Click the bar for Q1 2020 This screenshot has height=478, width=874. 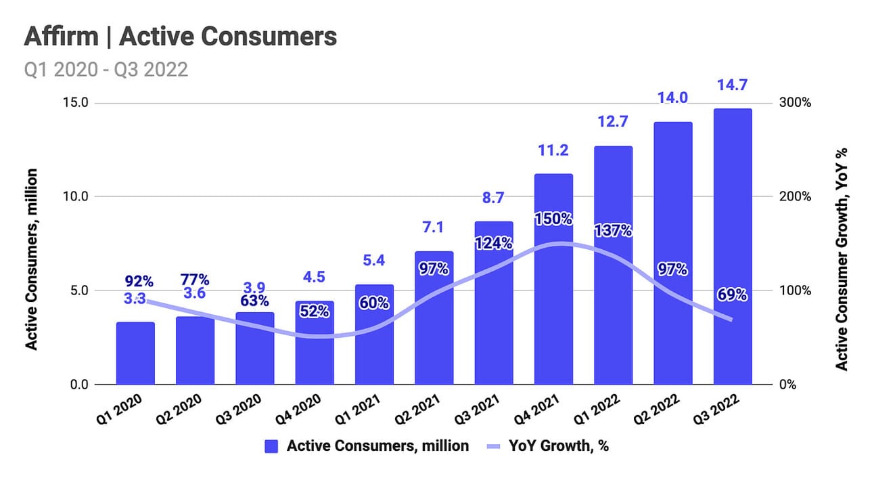tap(135, 353)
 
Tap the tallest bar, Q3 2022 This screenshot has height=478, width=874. tap(732, 247)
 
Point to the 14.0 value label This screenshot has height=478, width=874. tap(673, 97)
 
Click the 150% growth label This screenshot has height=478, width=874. tap(553, 219)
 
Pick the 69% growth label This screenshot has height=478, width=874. tap(732, 295)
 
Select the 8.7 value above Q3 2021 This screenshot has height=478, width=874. tap(494, 198)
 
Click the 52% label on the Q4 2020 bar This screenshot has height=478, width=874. tap(315, 311)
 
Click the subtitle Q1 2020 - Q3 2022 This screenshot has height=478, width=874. tap(106, 70)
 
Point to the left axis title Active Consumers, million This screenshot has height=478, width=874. tap(31, 259)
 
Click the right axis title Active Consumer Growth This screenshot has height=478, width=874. tap(842, 259)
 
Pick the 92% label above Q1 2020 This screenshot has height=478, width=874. tap(139, 281)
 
